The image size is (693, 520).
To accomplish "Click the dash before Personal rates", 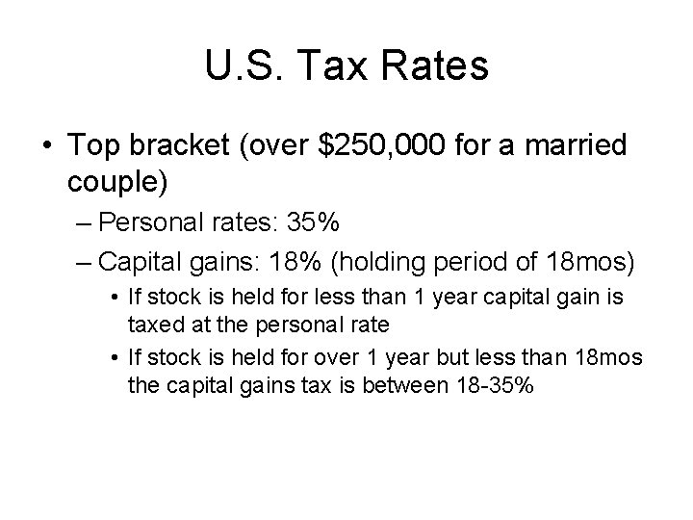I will [84, 224].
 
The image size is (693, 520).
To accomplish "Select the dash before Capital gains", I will [84, 262].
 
